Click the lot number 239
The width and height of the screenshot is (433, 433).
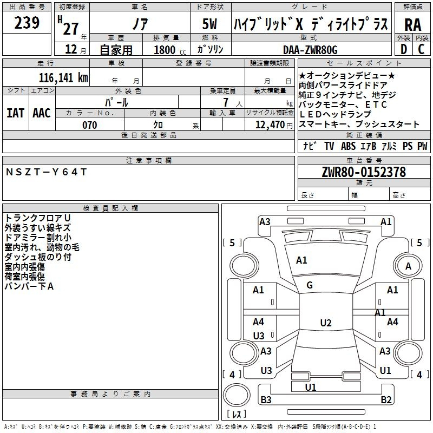pos(27,23)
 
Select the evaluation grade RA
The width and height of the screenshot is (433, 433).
pos(412,25)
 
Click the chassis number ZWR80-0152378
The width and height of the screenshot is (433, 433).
pos(364,172)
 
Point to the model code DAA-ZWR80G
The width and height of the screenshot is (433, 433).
pos(310,50)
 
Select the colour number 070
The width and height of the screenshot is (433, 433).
pos(89,125)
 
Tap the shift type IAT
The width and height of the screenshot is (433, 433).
pos(16,113)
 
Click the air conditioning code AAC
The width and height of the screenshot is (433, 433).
pos(42,113)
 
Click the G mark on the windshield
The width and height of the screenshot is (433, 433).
pos(310,285)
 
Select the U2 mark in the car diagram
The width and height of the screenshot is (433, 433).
pos(325,323)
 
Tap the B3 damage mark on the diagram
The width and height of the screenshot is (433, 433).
pos(266,400)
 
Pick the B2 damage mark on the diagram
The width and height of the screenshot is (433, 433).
pos(386,400)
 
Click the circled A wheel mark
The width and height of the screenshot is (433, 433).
pos(408,266)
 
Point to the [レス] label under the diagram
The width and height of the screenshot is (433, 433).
pos(236,415)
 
